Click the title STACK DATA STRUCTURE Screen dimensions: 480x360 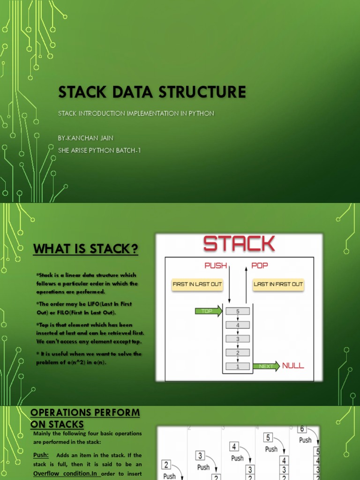coord(152,92)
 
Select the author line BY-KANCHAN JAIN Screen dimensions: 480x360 coord(85,138)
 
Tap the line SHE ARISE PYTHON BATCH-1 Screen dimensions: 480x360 coord(99,150)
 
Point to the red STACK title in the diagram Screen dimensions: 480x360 coord(239,244)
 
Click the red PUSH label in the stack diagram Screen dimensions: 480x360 coord(216,266)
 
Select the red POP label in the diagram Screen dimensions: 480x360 coord(260,266)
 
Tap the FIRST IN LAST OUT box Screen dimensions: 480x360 coord(197,284)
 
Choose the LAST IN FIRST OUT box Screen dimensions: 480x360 coord(278,284)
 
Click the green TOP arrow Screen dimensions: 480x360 coord(209,311)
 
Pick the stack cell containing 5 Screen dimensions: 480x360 coord(238,311)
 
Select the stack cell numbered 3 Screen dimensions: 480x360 coord(238,338)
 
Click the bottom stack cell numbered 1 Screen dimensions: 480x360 coord(238,366)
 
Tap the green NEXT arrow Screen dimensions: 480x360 coord(266,366)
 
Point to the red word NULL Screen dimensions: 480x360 coord(293,366)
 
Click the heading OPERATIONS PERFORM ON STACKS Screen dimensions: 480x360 coord(85,418)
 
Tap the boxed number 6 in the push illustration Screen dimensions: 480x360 coord(302,429)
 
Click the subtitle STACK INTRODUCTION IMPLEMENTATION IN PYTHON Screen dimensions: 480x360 coord(136,113)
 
